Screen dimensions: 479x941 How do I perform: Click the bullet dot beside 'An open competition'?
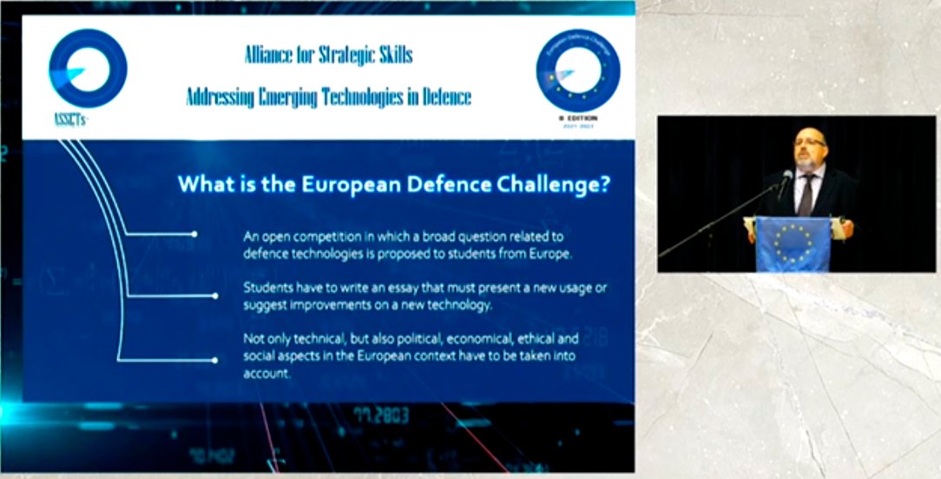pyautogui.click(x=194, y=234)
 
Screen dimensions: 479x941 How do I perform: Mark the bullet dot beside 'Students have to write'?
pyautogui.click(x=194, y=296)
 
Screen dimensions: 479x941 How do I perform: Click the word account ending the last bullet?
pyautogui.click(x=265, y=375)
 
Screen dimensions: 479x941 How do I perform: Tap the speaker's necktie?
pyautogui.click(x=806, y=191)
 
